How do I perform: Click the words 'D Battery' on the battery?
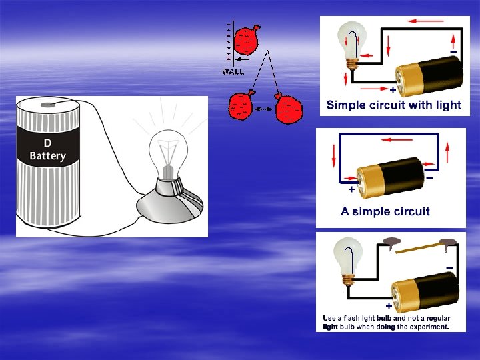[x=47, y=150]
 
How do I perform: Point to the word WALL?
[x=233, y=71]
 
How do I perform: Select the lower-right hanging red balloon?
[x=289, y=108]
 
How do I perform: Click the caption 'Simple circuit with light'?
[x=393, y=105]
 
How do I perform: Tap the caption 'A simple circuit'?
[x=385, y=211]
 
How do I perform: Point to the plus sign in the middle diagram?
[x=351, y=190]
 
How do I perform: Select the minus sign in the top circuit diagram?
[x=453, y=52]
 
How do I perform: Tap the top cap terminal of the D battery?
[x=47, y=105]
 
